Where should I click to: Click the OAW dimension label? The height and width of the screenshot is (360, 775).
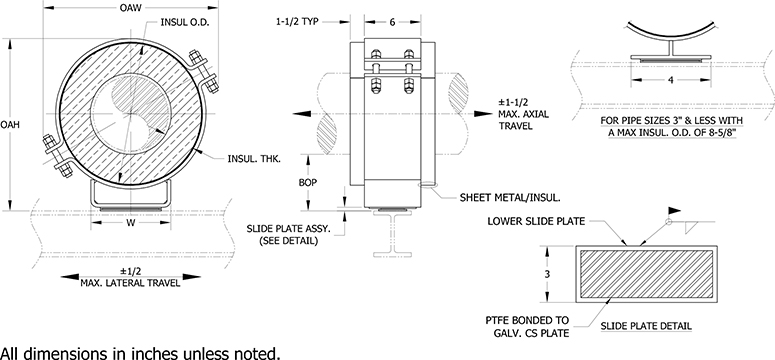point(130,8)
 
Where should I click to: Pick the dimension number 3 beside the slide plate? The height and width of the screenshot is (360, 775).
point(549,272)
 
